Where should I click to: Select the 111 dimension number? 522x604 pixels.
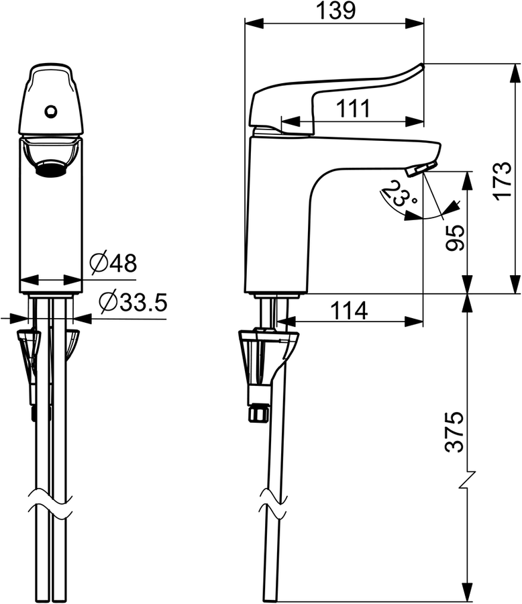click(x=353, y=109)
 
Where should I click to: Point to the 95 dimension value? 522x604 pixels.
click(x=455, y=238)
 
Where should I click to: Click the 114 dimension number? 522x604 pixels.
click(x=350, y=311)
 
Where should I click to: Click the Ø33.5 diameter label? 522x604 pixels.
click(x=133, y=302)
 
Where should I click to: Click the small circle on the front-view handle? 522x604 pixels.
click(x=50, y=111)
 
